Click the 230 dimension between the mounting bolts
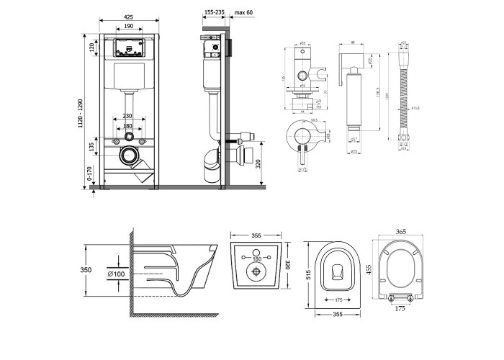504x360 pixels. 127,114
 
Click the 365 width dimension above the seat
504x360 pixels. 401,231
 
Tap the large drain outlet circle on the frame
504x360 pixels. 130,154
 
